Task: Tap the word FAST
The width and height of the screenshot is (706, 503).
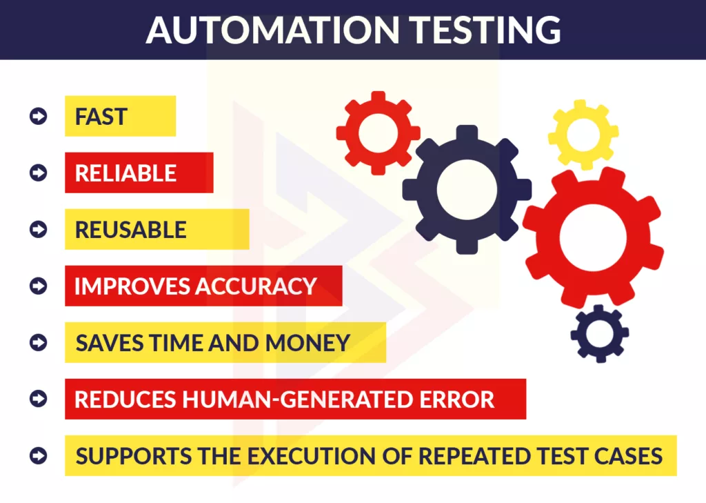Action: coord(101,117)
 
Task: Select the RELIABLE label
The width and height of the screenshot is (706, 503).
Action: coord(125,173)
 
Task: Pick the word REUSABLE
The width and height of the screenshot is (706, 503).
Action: coord(131,230)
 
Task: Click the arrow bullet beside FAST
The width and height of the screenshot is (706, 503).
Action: coord(39,116)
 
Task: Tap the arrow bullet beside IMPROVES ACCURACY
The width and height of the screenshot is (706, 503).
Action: coord(39,286)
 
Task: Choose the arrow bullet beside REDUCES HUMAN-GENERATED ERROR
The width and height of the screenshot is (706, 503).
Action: coord(39,399)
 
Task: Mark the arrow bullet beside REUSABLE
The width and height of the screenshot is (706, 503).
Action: coord(39,229)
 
